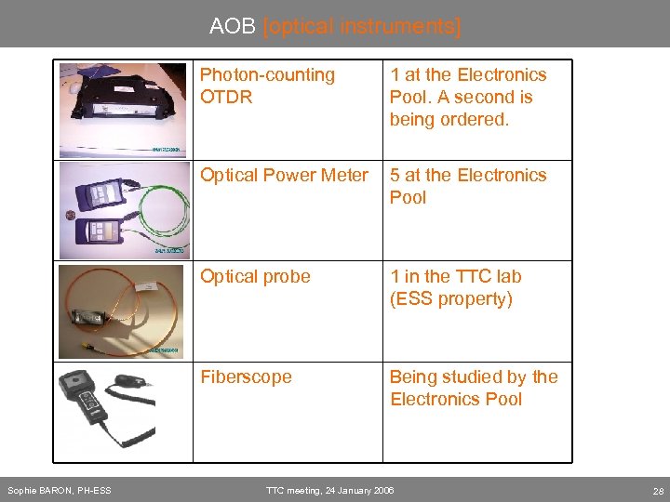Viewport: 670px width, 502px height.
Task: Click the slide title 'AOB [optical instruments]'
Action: click(335, 26)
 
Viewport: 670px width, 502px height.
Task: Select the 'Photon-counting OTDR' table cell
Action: click(268, 86)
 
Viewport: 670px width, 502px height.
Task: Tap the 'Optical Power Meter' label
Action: click(284, 175)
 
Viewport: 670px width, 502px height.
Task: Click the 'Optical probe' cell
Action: click(255, 276)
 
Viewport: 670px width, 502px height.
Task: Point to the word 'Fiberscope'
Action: click(246, 376)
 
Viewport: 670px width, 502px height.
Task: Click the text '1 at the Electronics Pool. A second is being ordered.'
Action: click(468, 97)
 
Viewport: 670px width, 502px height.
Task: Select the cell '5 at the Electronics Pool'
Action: click(468, 186)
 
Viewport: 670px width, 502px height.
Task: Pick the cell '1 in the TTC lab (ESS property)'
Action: click(456, 287)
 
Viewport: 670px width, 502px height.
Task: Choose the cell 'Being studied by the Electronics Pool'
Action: click(474, 388)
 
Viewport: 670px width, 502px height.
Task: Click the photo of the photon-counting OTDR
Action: click(123, 109)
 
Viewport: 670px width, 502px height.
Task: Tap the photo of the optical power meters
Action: click(123, 210)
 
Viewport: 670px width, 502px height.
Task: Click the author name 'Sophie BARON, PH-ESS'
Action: click(60, 490)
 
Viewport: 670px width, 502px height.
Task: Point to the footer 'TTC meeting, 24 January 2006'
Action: click(329, 490)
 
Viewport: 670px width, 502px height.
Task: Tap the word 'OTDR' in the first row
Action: click(226, 97)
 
